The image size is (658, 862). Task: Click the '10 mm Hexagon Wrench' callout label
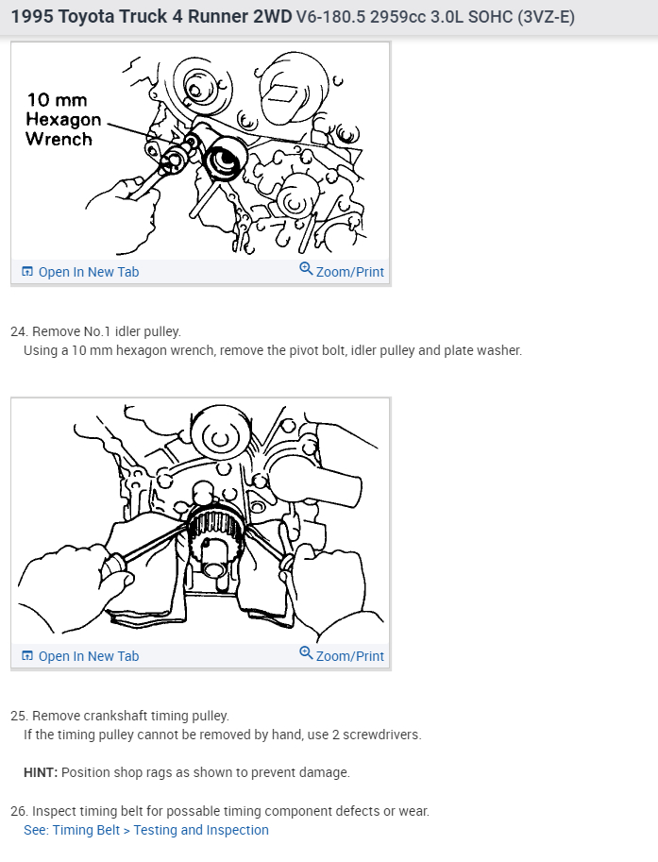63,119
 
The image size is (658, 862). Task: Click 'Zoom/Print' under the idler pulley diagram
349,272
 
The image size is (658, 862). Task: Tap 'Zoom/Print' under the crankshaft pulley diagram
349,656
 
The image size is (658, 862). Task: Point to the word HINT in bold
41,772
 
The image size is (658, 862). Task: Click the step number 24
18,331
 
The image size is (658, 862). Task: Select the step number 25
18,716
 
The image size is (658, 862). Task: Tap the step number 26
18,811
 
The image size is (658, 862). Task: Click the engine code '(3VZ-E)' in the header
546,17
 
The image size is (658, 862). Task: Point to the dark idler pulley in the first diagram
225,160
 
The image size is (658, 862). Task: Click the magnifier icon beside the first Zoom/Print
306,269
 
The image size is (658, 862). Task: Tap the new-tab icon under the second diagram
27,655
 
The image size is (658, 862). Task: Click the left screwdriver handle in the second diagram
116,567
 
